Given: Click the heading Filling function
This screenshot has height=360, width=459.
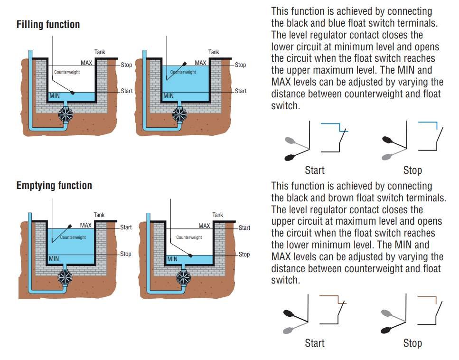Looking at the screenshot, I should coord(48,24).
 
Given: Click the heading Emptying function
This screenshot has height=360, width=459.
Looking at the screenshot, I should coord(54,185).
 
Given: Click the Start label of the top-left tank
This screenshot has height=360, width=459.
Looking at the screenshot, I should coord(127,91).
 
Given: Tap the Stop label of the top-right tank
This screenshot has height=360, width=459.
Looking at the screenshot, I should coord(241,65).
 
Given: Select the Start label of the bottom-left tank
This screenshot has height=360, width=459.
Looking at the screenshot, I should coord(126,227).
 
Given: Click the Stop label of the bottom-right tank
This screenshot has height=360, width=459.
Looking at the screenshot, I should coord(244,255).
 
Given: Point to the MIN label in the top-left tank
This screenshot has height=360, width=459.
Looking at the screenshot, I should coord(56,96).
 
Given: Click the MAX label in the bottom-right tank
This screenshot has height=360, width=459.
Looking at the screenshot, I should coord(204,226).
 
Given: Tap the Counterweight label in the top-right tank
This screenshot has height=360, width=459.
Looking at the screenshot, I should coord(183,72).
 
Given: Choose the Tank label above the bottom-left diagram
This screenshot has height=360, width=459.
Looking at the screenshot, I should coord(99,215).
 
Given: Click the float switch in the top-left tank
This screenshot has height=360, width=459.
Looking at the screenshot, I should coord(72,93).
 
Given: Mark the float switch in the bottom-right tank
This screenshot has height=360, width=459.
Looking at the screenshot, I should coord(190,256).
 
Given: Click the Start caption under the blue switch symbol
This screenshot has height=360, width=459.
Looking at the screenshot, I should coord(314,170).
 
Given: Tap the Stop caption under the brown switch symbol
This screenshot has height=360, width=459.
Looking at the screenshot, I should coord(412,343).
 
